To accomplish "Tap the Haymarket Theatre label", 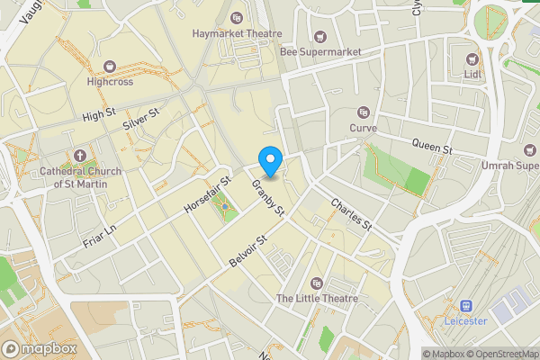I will click(237, 33).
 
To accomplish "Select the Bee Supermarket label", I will click(320, 52).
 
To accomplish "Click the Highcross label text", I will click(110, 81).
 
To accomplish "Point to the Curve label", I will click(363, 128).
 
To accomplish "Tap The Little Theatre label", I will click(317, 298).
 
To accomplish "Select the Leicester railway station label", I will click(465, 320).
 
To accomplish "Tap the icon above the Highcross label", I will click(110, 66).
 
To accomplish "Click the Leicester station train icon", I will click(466, 306).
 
